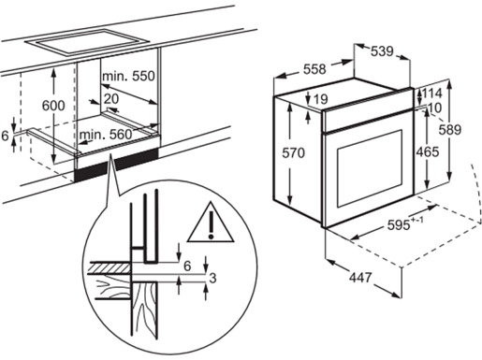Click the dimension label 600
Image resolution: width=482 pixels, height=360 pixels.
tap(54, 106)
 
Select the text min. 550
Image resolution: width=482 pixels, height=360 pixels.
tap(128, 75)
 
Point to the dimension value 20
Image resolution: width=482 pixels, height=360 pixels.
tap(112, 98)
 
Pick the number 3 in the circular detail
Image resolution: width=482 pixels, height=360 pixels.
tap(214, 279)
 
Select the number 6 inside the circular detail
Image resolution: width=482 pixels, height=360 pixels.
tap(187, 266)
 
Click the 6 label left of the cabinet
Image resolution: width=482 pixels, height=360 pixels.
tap(7, 136)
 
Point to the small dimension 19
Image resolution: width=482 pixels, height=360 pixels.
tap(322, 100)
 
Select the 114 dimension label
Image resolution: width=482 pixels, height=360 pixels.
tap(432, 94)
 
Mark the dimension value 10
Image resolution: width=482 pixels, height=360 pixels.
tap(433, 108)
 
